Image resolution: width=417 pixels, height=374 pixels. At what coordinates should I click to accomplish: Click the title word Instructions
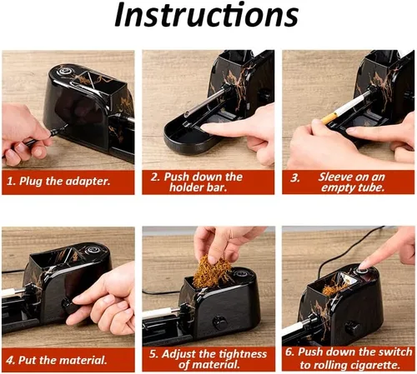tap(207, 15)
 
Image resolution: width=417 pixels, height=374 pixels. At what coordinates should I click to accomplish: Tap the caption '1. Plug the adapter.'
tap(58, 182)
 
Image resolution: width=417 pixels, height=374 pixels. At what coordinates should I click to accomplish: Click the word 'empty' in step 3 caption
tap(338, 188)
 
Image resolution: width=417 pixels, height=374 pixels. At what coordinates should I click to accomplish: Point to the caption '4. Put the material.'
tap(57, 360)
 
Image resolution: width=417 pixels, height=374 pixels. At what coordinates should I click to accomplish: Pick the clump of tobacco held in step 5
tap(211, 268)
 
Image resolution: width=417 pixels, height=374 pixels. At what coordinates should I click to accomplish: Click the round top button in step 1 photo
tap(65, 72)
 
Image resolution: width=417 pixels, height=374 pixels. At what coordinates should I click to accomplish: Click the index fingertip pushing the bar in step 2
tap(206, 127)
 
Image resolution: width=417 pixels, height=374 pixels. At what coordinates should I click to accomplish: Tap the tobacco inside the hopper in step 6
tap(334, 289)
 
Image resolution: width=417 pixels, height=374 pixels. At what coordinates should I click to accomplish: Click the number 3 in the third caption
tap(294, 178)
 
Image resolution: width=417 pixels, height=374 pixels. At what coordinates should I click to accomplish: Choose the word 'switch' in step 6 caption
tap(395, 352)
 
